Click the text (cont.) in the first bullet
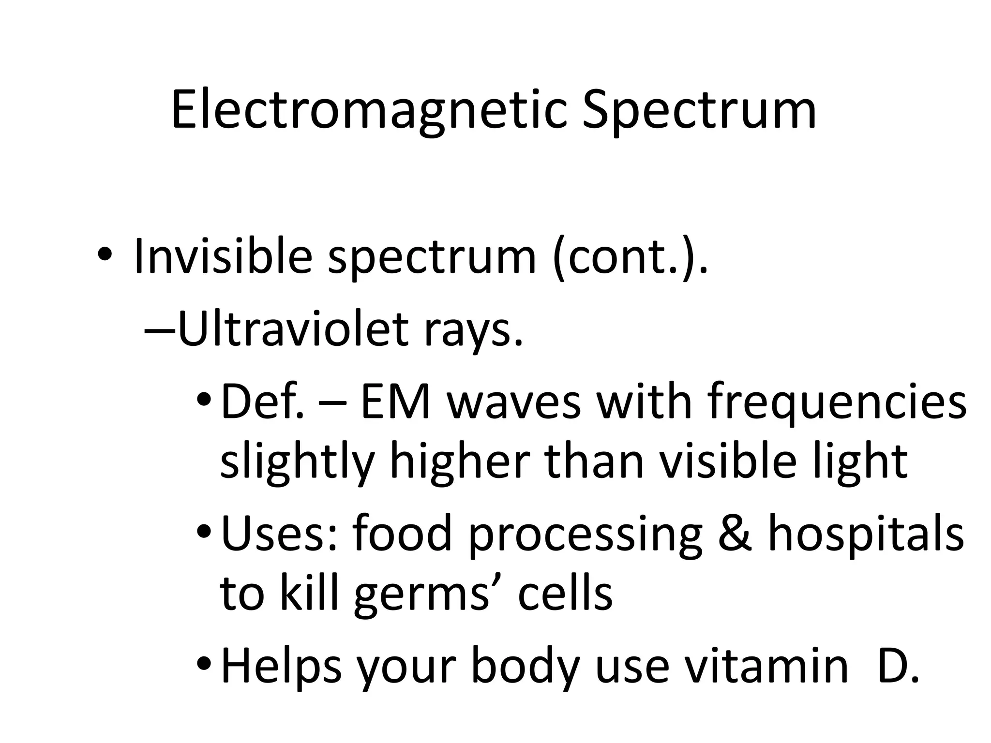click(630, 256)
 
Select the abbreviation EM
click(395, 401)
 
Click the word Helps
click(281, 667)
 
